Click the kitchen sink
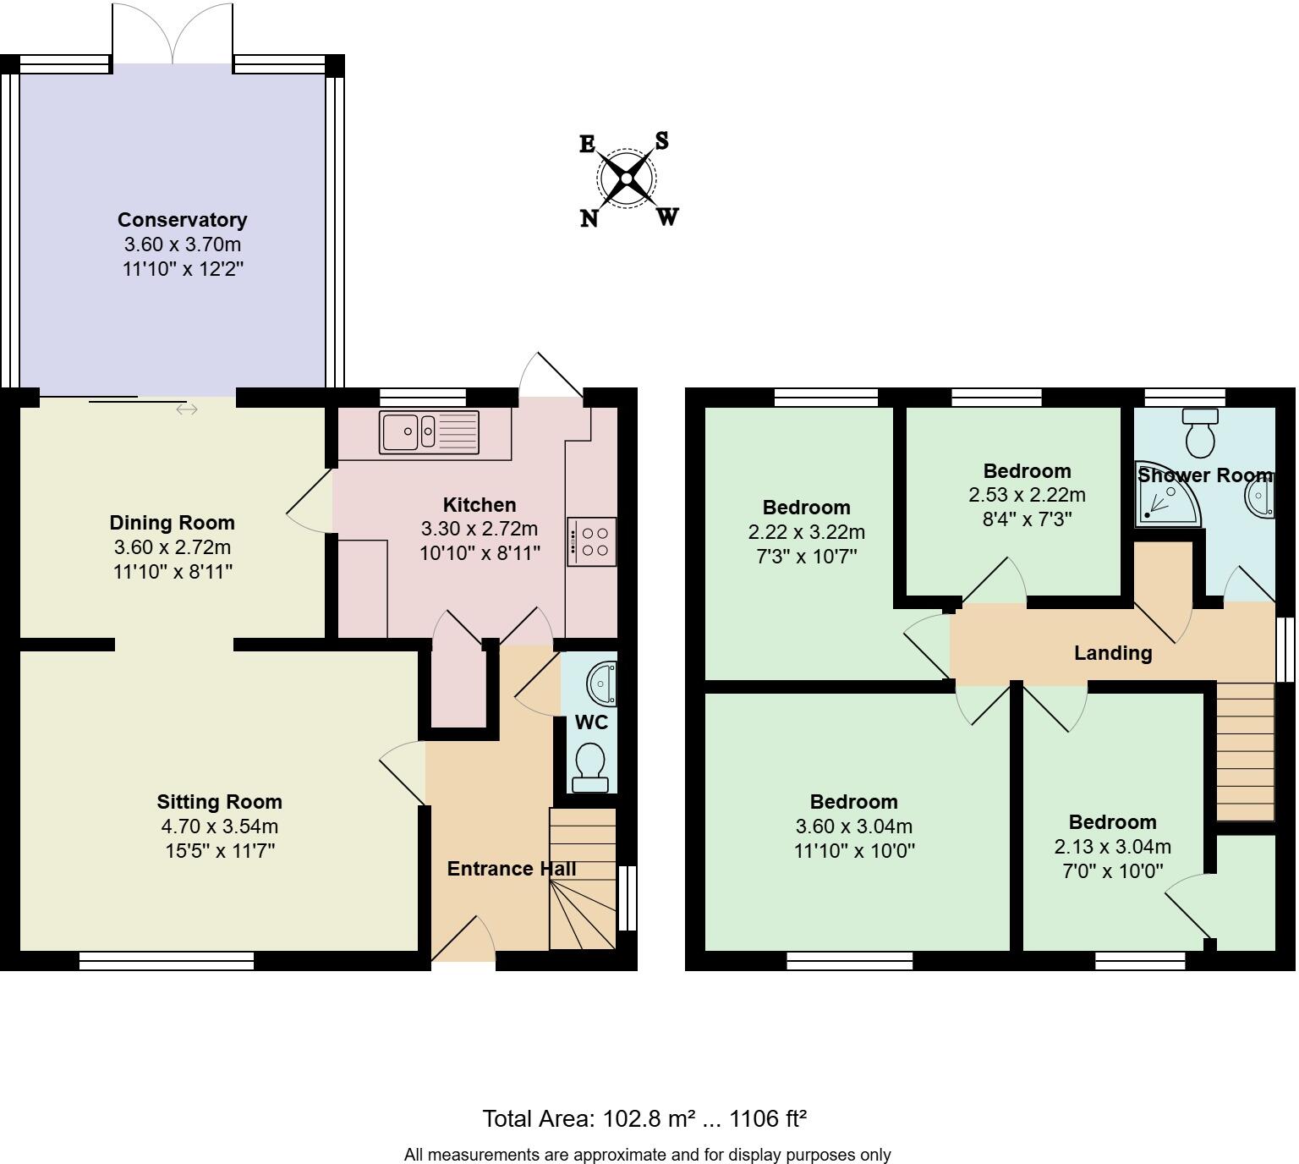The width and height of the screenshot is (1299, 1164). click(x=429, y=432)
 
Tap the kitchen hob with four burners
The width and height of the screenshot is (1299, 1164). click(x=592, y=541)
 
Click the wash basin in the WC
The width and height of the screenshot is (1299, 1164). click(x=603, y=682)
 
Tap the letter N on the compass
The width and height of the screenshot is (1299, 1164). click(x=589, y=219)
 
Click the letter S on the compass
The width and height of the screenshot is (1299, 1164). click(x=661, y=141)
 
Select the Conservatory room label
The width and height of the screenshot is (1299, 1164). click(x=182, y=220)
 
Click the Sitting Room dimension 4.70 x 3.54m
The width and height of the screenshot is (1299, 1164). click(x=219, y=826)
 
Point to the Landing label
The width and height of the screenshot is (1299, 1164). click(x=1112, y=653)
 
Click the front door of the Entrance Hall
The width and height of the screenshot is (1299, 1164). click(x=463, y=941)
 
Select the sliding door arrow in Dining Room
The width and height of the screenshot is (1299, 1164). click(x=187, y=409)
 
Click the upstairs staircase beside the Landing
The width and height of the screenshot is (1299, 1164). click(x=1245, y=751)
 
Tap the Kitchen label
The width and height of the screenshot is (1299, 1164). click(x=480, y=505)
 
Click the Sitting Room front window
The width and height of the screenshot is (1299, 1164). click(x=167, y=960)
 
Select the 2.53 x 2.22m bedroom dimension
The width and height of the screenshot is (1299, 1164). click(x=1027, y=495)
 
